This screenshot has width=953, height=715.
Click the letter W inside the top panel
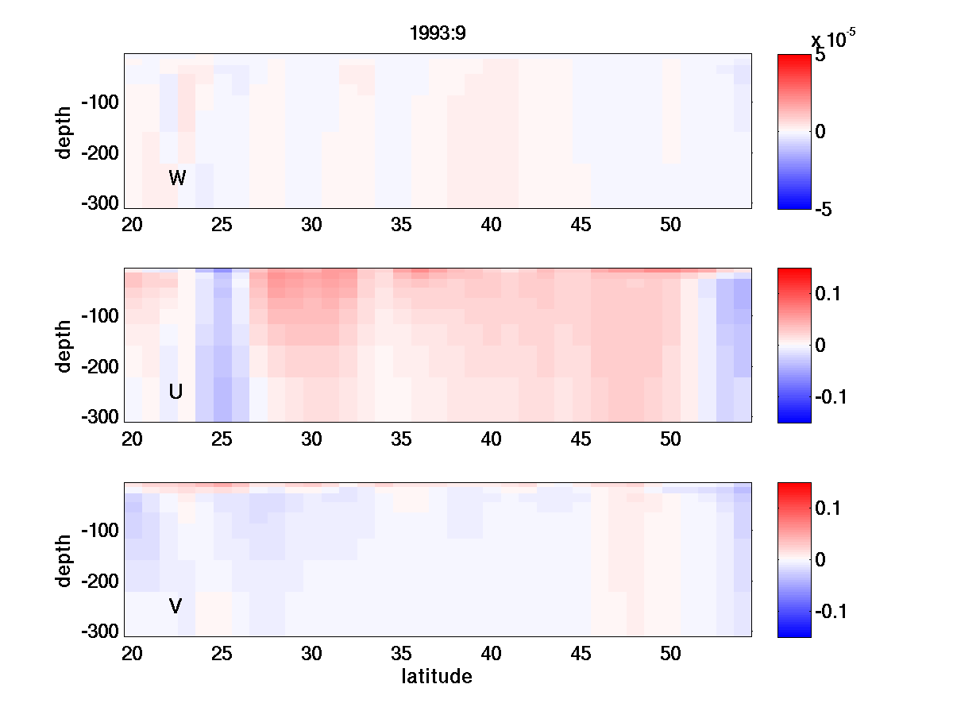coord(177,179)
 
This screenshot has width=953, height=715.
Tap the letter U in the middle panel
coord(176,392)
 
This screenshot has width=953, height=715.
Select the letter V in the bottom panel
coord(176,607)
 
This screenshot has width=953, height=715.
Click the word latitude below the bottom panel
coord(437,677)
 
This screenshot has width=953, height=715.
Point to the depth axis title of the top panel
coord(64,131)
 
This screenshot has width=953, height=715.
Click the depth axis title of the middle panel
coord(64,346)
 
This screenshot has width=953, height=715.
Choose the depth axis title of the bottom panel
coord(64,560)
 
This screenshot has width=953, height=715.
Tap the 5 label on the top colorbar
coord(820,56)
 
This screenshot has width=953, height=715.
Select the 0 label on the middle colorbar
coord(821,346)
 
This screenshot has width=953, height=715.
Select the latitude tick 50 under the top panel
coord(671,226)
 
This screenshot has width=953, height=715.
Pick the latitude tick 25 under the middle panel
coord(222,439)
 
